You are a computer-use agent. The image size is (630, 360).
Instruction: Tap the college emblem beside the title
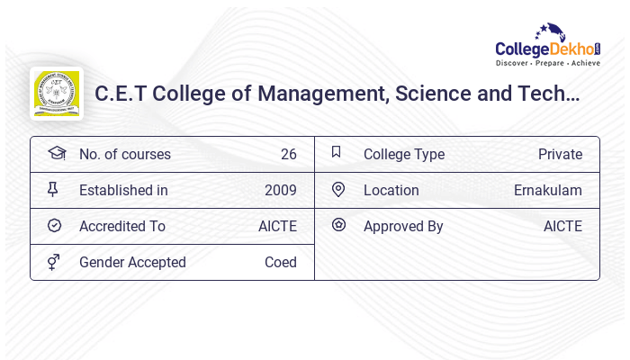(56, 94)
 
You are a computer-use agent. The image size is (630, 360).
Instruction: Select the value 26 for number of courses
(288, 155)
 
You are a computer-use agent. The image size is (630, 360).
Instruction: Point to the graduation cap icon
(57, 153)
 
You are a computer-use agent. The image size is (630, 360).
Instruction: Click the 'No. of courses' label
(124, 155)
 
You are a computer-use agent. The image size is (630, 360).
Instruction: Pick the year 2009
(280, 191)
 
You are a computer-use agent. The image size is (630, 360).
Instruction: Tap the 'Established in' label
(123, 191)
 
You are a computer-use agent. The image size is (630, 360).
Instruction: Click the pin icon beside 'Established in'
(53, 189)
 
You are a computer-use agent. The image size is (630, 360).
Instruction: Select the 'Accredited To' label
(121, 227)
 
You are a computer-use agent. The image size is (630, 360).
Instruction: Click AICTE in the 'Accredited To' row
(277, 227)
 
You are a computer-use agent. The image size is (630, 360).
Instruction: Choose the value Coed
(280, 263)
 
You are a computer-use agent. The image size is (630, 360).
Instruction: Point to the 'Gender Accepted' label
(132, 263)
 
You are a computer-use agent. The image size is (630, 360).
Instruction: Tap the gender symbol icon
(53, 262)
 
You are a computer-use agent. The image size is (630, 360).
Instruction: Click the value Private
(560, 155)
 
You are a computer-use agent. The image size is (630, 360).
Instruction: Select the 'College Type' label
(403, 155)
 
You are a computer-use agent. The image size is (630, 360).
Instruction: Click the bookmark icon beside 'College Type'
(337, 152)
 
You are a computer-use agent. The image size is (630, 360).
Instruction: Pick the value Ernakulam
(547, 191)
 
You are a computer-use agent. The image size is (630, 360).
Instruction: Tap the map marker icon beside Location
(338, 189)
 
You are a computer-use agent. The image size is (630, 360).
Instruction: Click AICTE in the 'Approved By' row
(562, 227)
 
